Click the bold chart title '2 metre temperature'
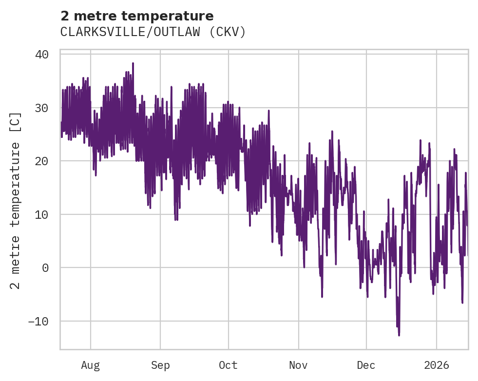click(x=137, y=17)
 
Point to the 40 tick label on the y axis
click(x=42, y=54)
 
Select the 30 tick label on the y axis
click(x=42, y=108)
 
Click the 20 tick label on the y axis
click(x=42, y=161)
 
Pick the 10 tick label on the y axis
click(x=42, y=214)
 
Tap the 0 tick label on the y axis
click(x=45, y=267)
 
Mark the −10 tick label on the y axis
click(x=38, y=321)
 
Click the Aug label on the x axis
click(x=90, y=365)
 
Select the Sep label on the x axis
click(x=160, y=365)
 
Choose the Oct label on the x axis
click(x=228, y=365)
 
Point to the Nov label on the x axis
click(x=298, y=365)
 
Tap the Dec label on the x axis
click(x=366, y=365)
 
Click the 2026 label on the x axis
click(x=437, y=365)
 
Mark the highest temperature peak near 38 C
click(x=133, y=63)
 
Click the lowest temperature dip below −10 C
click(x=399, y=335)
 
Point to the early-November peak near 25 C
click(x=332, y=132)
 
